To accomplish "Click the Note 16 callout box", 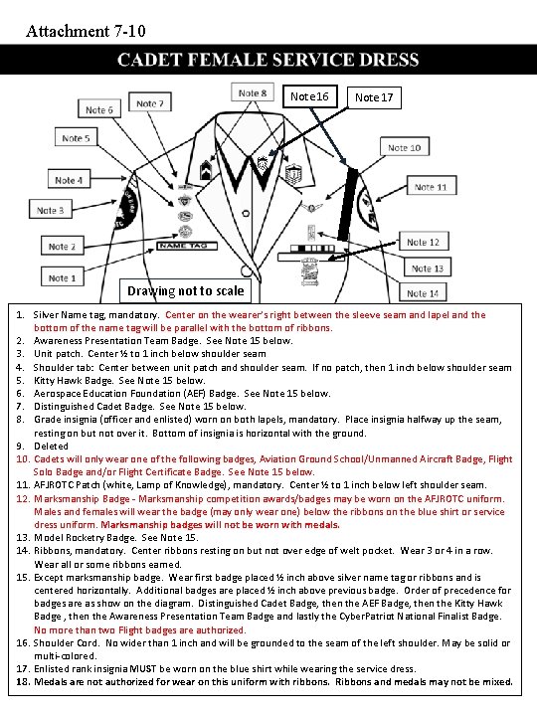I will point(309,96).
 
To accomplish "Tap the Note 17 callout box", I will point(374,97).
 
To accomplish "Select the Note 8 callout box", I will point(253,93).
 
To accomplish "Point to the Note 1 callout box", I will point(62,278).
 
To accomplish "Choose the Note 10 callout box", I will point(403,148).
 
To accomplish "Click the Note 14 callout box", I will point(423,293).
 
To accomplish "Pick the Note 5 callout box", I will point(74,139).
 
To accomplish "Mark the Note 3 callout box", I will point(51,211).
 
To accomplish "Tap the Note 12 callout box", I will point(423,243).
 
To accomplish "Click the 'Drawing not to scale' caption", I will point(185,291).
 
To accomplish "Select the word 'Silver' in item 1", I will point(49,315).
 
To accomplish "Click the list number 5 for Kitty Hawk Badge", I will point(21,380).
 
